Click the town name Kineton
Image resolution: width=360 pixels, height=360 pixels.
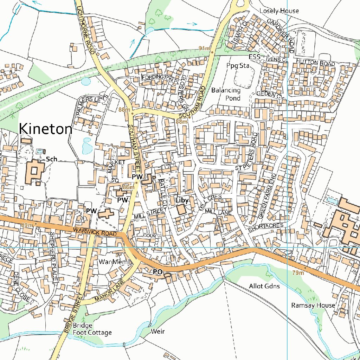[46, 129]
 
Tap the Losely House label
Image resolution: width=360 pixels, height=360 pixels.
[279, 11]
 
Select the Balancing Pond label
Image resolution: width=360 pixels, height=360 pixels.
[226, 94]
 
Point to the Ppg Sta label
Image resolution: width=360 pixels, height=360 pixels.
[237, 66]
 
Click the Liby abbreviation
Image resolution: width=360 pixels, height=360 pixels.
[182, 200]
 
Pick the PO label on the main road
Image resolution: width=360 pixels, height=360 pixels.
[158, 272]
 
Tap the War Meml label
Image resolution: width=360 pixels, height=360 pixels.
[115, 262]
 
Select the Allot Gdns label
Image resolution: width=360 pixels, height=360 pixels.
[264, 286]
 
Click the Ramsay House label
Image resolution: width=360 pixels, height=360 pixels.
[313, 305]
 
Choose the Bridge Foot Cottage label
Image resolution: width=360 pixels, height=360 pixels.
[92, 329]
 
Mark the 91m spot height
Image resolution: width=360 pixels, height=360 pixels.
[204, 48]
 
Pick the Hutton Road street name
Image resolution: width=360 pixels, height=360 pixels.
[315, 63]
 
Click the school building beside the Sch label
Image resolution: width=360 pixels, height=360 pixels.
[34, 172]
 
